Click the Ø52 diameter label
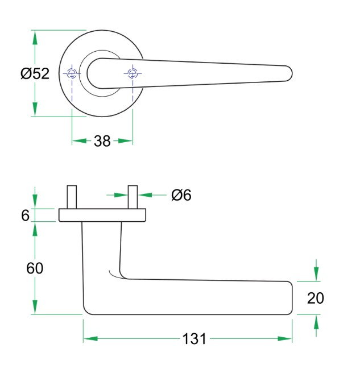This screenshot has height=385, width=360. click(x=35, y=73)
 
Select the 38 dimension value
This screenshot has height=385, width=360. click(x=102, y=141)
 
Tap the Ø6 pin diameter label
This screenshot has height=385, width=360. click(x=181, y=195)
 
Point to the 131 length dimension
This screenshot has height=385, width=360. click(x=194, y=339)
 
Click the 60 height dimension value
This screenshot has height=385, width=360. click(x=35, y=268)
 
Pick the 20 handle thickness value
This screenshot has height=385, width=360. click(x=316, y=298)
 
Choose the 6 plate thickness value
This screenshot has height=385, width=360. click(x=25, y=216)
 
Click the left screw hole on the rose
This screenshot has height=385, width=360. click(x=72, y=73)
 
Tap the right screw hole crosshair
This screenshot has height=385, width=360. click(x=133, y=73)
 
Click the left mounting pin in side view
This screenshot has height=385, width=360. click(x=72, y=197)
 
